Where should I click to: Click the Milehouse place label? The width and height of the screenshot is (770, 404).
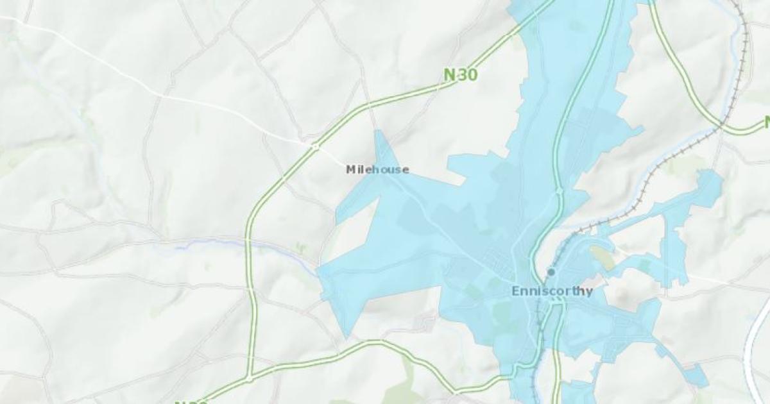pos(377,170)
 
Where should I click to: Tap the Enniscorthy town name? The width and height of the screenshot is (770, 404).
pos(552,291)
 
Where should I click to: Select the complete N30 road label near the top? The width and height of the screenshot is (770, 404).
pos(461,75)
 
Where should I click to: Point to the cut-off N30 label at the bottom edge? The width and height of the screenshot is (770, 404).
pos(191,401)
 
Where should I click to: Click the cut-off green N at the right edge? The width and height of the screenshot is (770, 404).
pos(766,122)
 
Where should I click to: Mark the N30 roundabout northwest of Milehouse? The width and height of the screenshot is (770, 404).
pos(315,147)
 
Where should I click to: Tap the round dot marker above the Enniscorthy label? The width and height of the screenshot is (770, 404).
pos(551,272)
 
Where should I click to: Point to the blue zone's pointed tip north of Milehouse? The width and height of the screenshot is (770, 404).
pos(379,132)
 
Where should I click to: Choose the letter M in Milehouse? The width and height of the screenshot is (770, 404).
pos(350,170)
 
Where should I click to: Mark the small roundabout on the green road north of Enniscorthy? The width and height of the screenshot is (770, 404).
pos(560,191)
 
